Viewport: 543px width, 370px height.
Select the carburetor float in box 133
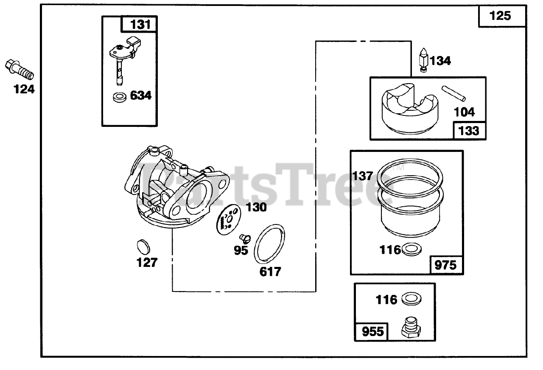pos(408,107)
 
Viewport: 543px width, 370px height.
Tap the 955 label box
pos(372,331)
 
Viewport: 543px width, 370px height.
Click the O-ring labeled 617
pos(269,245)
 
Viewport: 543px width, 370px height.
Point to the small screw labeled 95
pos(245,238)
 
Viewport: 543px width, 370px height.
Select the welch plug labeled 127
pos(144,247)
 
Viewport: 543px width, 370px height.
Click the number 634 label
pos(140,95)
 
